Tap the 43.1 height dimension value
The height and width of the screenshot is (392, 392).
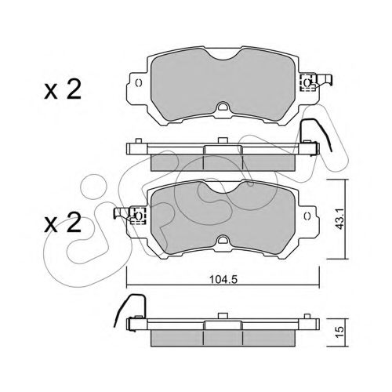[x=339, y=219]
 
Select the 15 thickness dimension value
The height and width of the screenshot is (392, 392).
[x=340, y=332]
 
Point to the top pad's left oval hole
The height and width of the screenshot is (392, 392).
[x=139, y=83]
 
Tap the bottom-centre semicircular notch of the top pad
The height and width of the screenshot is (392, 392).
[x=223, y=106]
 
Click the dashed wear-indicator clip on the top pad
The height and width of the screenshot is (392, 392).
[x=307, y=82]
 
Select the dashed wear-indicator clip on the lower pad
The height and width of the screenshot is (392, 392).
[x=137, y=216]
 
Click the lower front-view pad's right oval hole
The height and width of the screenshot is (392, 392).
[x=307, y=216]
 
